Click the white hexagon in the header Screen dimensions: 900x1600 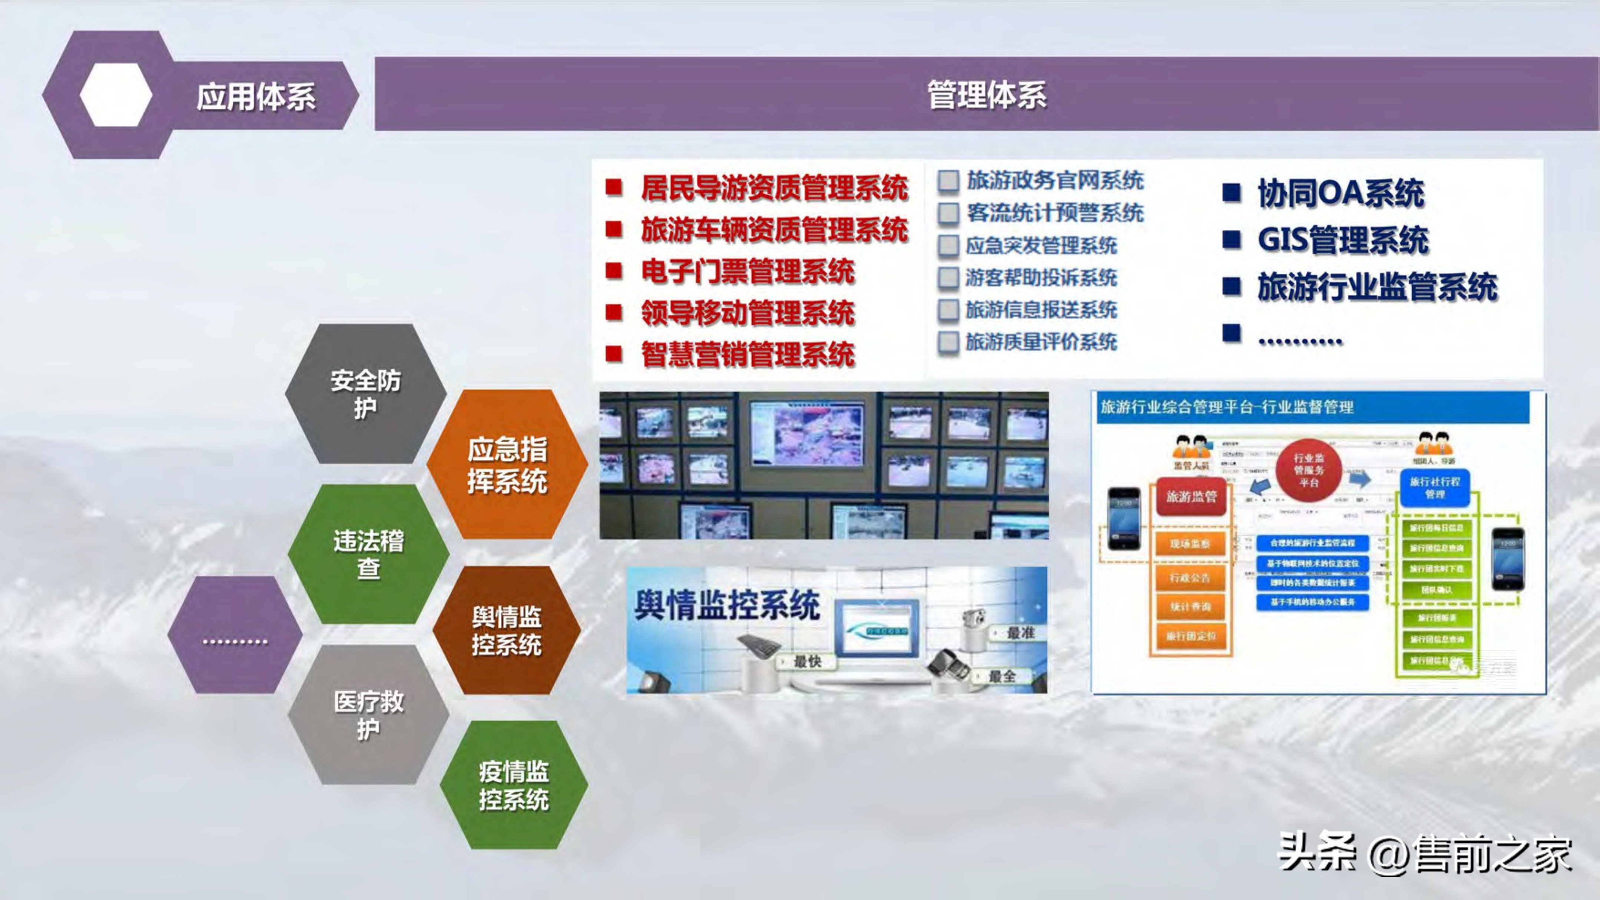[116, 95]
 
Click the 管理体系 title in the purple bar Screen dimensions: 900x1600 [986, 95]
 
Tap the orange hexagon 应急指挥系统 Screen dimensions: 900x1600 [507, 464]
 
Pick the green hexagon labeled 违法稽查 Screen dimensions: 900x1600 [368, 554]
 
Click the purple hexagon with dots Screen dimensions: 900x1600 [235, 635]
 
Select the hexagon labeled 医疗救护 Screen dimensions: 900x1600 [368, 715]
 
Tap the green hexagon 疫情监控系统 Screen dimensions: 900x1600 [514, 785]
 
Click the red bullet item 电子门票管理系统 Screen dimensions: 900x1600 [747, 271]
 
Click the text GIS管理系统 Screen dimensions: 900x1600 [1342, 240]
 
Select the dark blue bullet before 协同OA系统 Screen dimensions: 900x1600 [1231, 192]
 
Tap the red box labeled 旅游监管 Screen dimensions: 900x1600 [1191, 496]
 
